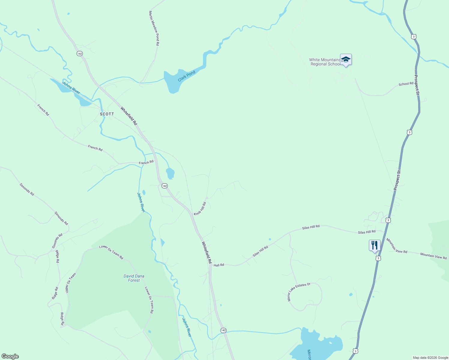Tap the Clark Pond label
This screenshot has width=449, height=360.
(186, 76)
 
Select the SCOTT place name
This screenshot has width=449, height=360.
(107, 114)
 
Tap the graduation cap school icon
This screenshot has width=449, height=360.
(346, 60)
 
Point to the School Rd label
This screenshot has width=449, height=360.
(406, 84)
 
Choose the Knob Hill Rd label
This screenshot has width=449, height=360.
(200, 209)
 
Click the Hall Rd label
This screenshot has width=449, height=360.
(219, 265)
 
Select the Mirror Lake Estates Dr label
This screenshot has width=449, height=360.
(298, 291)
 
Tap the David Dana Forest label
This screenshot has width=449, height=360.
(134, 278)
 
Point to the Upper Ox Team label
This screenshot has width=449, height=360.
(71, 283)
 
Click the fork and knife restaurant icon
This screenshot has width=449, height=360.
(374, 245)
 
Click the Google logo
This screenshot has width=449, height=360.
(10, 356)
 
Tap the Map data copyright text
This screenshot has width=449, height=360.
(430, 358)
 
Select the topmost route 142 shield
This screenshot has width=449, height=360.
(79, 53)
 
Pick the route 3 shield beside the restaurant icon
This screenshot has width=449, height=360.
(378, 258)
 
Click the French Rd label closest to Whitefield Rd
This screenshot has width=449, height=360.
(146, 163)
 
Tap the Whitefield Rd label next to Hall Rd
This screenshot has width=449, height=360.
(206, 253)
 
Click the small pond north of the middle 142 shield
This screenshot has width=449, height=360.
(170, 173)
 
